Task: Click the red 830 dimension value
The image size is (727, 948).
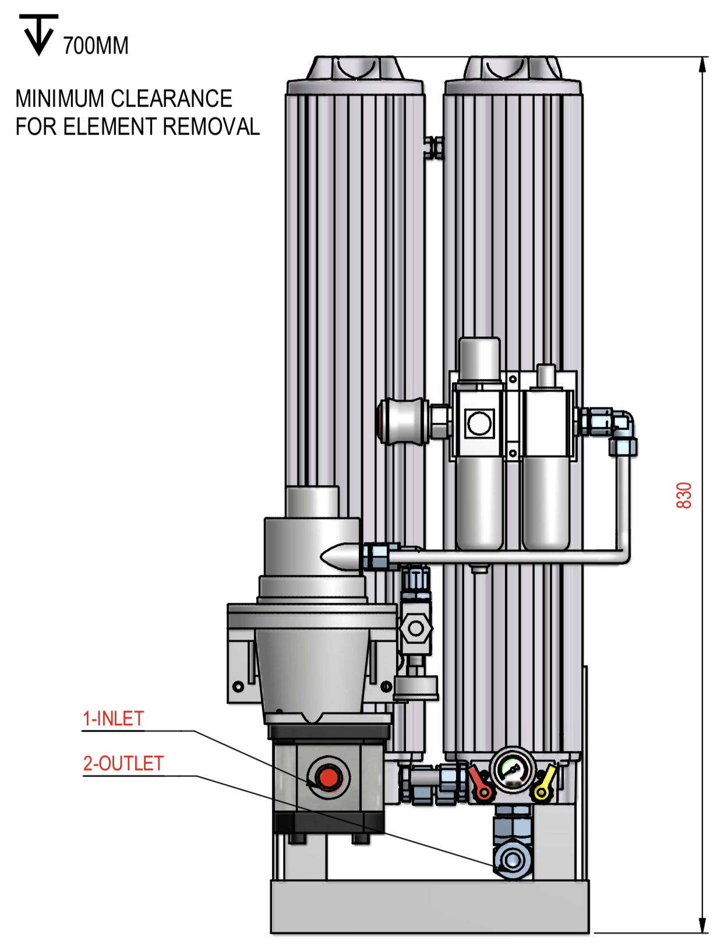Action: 683,495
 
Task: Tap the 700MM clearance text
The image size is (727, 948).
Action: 96,45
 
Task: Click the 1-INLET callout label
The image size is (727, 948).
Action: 114,718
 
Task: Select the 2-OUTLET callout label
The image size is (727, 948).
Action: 123,763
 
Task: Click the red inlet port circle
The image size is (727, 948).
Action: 328,777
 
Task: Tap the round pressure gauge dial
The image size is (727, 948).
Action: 513,771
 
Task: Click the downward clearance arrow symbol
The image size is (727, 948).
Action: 39,34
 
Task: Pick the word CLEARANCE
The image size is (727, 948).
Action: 171,99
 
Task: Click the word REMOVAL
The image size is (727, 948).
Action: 211,127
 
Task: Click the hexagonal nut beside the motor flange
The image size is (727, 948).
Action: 416,629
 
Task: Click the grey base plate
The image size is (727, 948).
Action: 430,907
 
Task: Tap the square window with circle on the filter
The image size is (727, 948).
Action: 479,423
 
